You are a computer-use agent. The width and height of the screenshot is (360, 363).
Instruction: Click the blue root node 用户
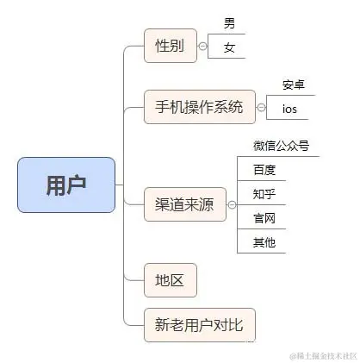coord(65,185)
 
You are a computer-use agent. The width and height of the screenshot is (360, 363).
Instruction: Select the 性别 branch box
coord(170,46)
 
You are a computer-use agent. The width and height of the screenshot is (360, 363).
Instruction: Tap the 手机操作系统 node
coord(199,107)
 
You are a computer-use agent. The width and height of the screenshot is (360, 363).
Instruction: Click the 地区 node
coord(171,280)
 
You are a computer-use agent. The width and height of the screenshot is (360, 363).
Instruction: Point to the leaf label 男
coord(229,23)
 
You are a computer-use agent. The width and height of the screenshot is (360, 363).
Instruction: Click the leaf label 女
coord(229,47)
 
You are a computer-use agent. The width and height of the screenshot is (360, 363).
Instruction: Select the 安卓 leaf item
coord(294,84)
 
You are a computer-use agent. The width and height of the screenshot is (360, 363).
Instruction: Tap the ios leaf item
coord(290,109)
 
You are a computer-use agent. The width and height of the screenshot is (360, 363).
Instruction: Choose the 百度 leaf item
coord(264,169)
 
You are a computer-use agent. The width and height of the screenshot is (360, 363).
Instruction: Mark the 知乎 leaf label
coord(264,193)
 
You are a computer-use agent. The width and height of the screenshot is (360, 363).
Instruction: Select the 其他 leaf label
coord(264,242)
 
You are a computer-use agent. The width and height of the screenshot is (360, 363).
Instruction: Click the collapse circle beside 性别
coord(202,46)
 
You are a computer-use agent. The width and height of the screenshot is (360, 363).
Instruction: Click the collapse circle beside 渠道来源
coord(231,205)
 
